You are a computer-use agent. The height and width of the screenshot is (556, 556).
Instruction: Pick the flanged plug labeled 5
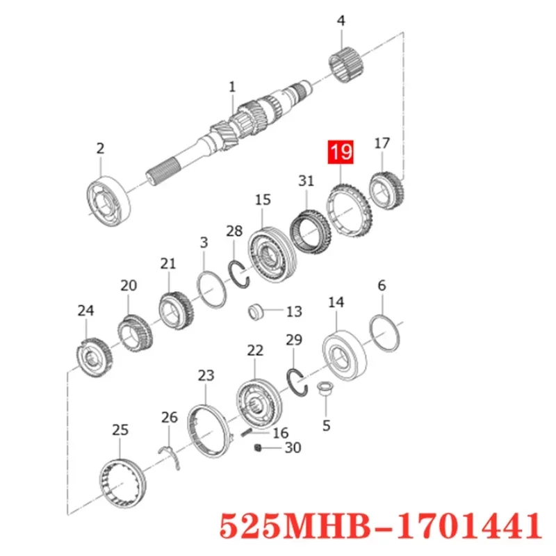pyautogui.click(x=324, y=389)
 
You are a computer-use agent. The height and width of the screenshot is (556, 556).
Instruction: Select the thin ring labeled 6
pyautogui.click(x=384, y=331)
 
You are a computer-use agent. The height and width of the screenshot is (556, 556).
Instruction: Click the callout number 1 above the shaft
pyautogui.click(x=232, y=88)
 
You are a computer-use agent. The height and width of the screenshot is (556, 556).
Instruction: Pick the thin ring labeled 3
pyautogui.click(x=209, y=287)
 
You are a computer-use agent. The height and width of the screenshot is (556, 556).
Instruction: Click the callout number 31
pyautogui.click(x=306, y=181)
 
